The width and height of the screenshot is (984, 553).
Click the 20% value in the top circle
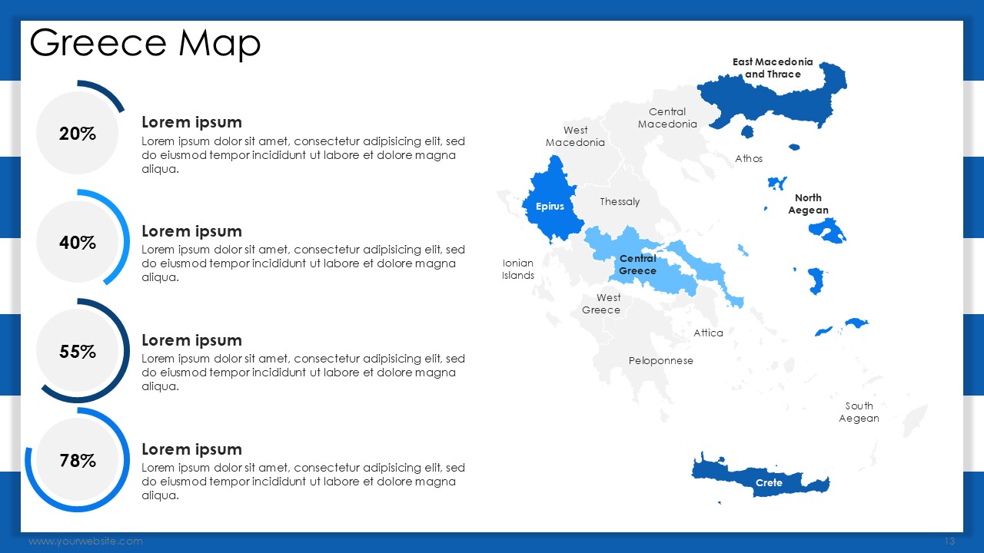click(78, 134)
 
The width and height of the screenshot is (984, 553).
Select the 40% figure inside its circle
click(78, 242)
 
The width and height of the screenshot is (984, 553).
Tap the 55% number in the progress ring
click(78, 352)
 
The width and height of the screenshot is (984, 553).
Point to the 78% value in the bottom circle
click(78, 460)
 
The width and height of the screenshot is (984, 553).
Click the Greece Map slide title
click(145, 43)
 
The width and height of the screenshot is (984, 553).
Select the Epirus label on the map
click(550, 207)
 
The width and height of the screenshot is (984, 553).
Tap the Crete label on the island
click(769, 483)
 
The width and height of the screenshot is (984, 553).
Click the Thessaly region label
click(620, 202)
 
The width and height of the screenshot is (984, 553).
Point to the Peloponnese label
click(660, 361)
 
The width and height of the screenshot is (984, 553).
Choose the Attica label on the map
click(708, 333)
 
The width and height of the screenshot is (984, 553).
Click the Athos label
click(749, 158)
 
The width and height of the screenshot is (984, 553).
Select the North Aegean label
click(808, 204)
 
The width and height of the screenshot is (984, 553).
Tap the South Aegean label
click(859, 412)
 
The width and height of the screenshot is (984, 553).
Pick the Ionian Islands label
click(518, 269)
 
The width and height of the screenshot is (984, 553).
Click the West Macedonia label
click(575, 137)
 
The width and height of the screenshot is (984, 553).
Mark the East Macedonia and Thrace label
click(773, 68)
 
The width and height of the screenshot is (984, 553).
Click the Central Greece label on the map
click(638, 265)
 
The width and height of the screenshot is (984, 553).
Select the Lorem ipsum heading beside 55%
click(191, 340)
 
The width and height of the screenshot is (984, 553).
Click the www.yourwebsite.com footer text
click(85, 541)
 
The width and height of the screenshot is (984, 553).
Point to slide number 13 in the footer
click(949, 541)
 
